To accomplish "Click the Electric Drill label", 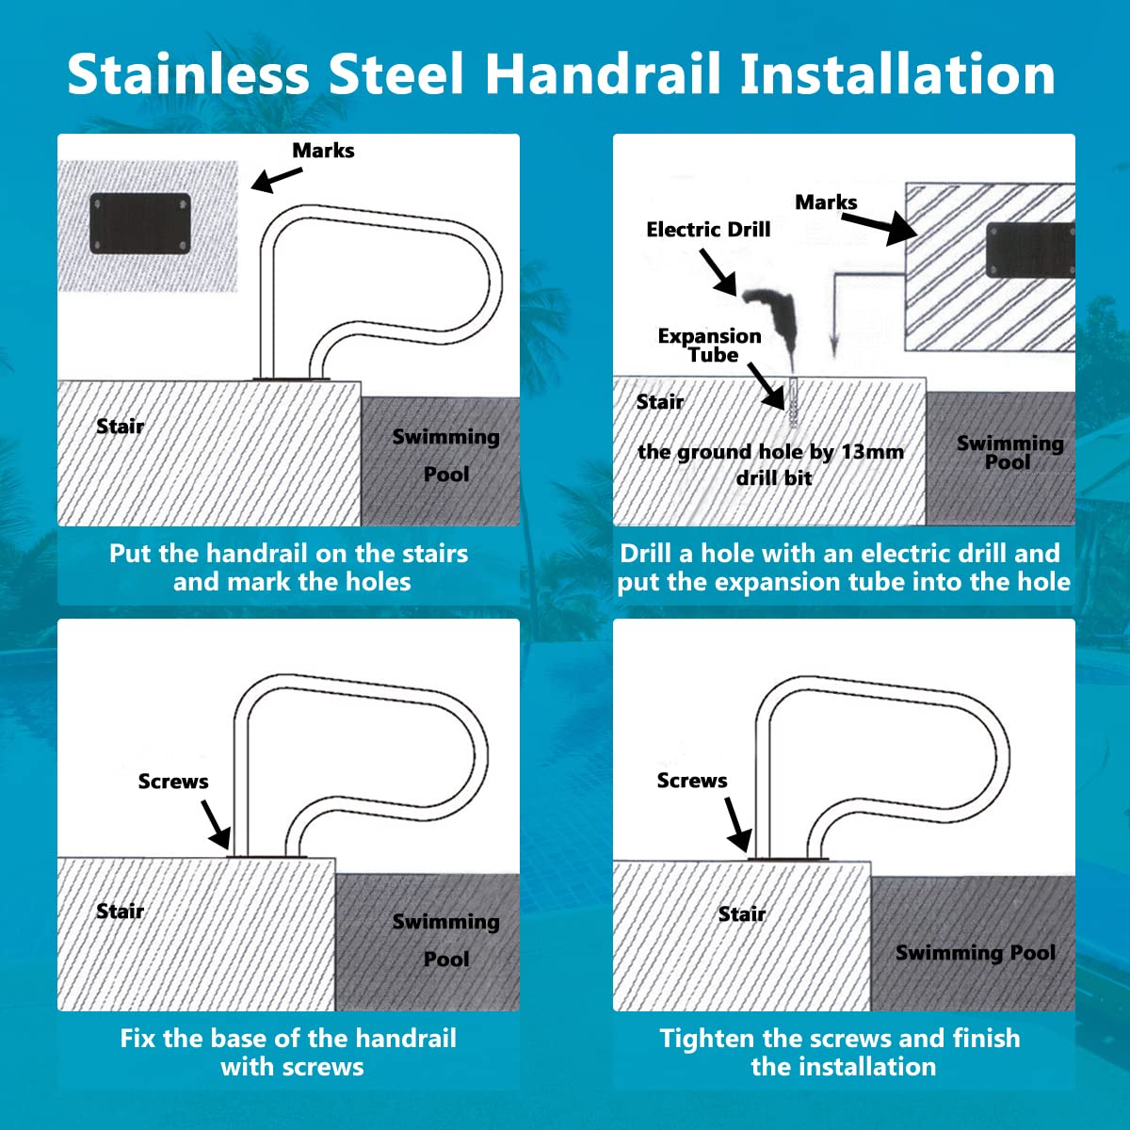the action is pos(708,229).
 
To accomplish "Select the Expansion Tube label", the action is pos(710,345).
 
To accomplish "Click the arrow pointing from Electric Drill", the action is pos(718,272).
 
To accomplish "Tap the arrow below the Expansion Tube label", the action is pos(766,386).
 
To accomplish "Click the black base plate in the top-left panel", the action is pos(140,223).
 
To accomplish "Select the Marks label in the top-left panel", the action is pos(323,151).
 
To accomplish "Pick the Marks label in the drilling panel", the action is pos(826,202).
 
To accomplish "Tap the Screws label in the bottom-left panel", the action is pos(173,781).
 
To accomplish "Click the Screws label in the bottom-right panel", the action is pos(692,781).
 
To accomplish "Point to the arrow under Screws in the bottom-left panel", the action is pos(216,825).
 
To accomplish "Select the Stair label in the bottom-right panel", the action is pos(742,913).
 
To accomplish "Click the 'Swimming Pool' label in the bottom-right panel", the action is pos(976,953).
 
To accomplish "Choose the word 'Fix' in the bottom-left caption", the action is pos(138,1039).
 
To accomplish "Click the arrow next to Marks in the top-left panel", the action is pos(277,180).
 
